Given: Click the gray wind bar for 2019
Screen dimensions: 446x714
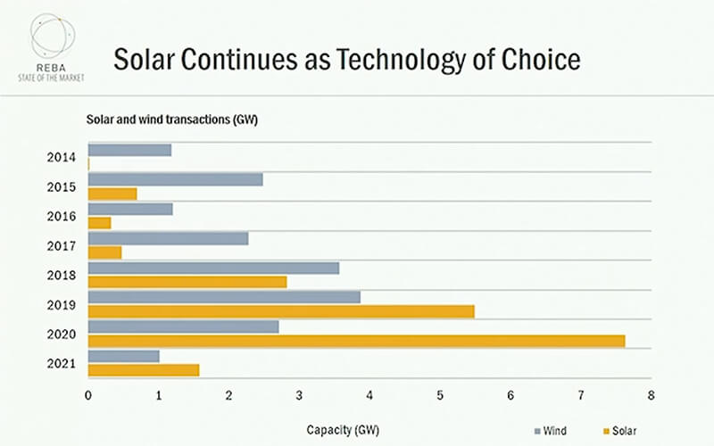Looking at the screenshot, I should click(224, 297).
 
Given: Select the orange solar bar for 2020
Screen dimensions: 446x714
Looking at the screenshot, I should click(356, 341).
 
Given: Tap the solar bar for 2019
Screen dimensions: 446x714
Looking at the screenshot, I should click(281, 311).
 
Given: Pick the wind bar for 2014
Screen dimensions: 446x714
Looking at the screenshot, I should click(129, 150).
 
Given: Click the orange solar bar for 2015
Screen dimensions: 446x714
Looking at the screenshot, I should click(112, 194).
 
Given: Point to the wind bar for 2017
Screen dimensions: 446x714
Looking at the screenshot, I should click(168, 238).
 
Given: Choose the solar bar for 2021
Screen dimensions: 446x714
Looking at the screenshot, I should click(144, 370).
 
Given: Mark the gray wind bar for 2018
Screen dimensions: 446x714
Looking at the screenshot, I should click(213, 268).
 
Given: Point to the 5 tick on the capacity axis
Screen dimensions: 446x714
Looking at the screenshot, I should click(440, 394).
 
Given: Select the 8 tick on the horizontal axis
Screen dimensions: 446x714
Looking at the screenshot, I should click(652, 394).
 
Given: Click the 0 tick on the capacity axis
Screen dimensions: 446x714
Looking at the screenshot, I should click(88, 394).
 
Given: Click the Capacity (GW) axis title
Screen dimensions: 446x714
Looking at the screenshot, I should click(344, 430).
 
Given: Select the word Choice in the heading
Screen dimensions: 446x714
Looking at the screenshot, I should click(541, 61).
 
